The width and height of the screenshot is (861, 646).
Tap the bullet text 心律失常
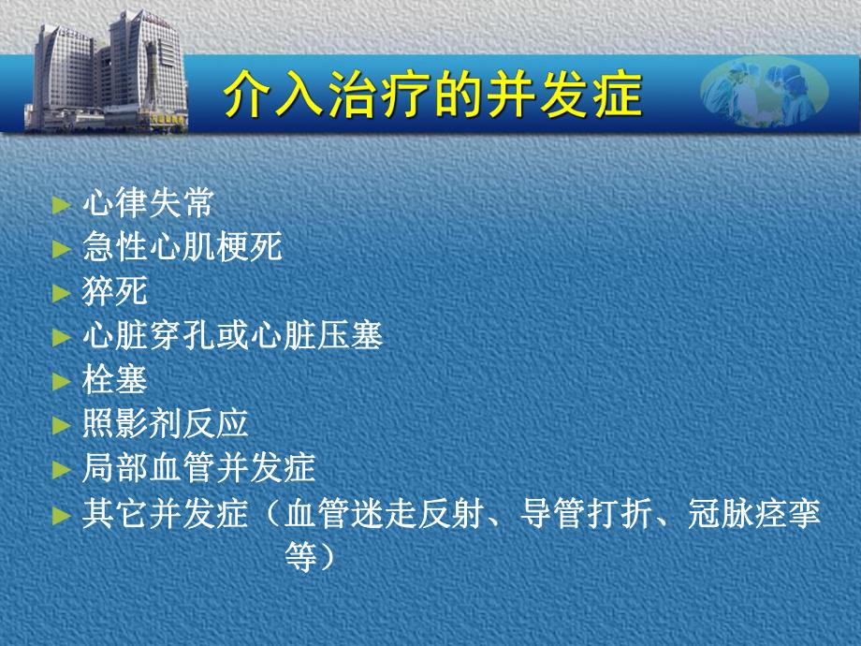(148, 203)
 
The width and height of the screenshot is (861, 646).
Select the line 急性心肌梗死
(182, 247)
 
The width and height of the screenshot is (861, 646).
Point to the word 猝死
(115, 291)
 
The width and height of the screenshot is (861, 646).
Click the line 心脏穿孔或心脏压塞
(232, 335)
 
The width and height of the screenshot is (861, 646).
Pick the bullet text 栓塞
(115, 379)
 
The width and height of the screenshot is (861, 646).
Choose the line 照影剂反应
(165, 423)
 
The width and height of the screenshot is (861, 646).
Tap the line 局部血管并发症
(198, 467)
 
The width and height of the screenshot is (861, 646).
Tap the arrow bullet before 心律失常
(62, 204)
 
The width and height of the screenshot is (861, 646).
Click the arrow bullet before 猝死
(62, 292)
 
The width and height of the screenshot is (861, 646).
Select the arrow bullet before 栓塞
(62, 380)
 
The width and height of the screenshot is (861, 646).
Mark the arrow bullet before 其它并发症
(62, 514)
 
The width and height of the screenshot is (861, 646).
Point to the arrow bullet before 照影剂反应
(62, 424)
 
